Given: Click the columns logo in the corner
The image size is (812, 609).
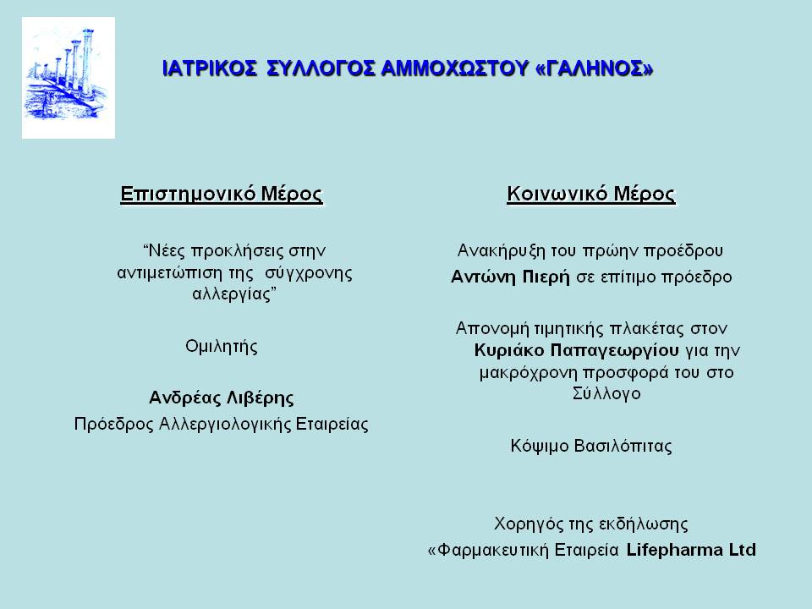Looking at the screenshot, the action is (x=69, y=78).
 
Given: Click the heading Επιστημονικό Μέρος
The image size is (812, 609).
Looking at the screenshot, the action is (x=222, y=195).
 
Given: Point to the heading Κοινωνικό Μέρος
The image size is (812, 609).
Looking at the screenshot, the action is (x=591, y=195).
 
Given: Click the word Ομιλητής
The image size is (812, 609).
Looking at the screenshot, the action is (x=222, y=347).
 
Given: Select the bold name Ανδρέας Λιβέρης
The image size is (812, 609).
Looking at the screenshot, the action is (x=221, y=398).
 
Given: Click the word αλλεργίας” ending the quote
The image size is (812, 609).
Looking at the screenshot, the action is (x=234, y=294).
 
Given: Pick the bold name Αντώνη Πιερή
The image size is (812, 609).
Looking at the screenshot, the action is (x=510, y=277).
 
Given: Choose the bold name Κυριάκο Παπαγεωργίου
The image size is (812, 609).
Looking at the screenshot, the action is (x=576, y=350).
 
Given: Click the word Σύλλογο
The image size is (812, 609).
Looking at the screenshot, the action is (x=606, y=393).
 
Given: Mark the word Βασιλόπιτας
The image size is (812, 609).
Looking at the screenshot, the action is (x=623, y=446).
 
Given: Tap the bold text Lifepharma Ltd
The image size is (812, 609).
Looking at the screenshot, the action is (x=691, y=550).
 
